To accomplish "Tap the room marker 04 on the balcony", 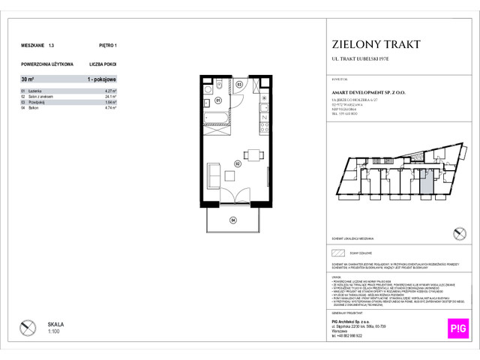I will tap(232, 220).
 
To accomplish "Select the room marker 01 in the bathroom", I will tap(218, 100).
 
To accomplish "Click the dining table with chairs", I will tap(255, 155).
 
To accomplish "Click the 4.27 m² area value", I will tap(113, 91).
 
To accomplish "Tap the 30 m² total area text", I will tap(29, 78).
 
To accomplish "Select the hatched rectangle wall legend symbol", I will tap(337, 253).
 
